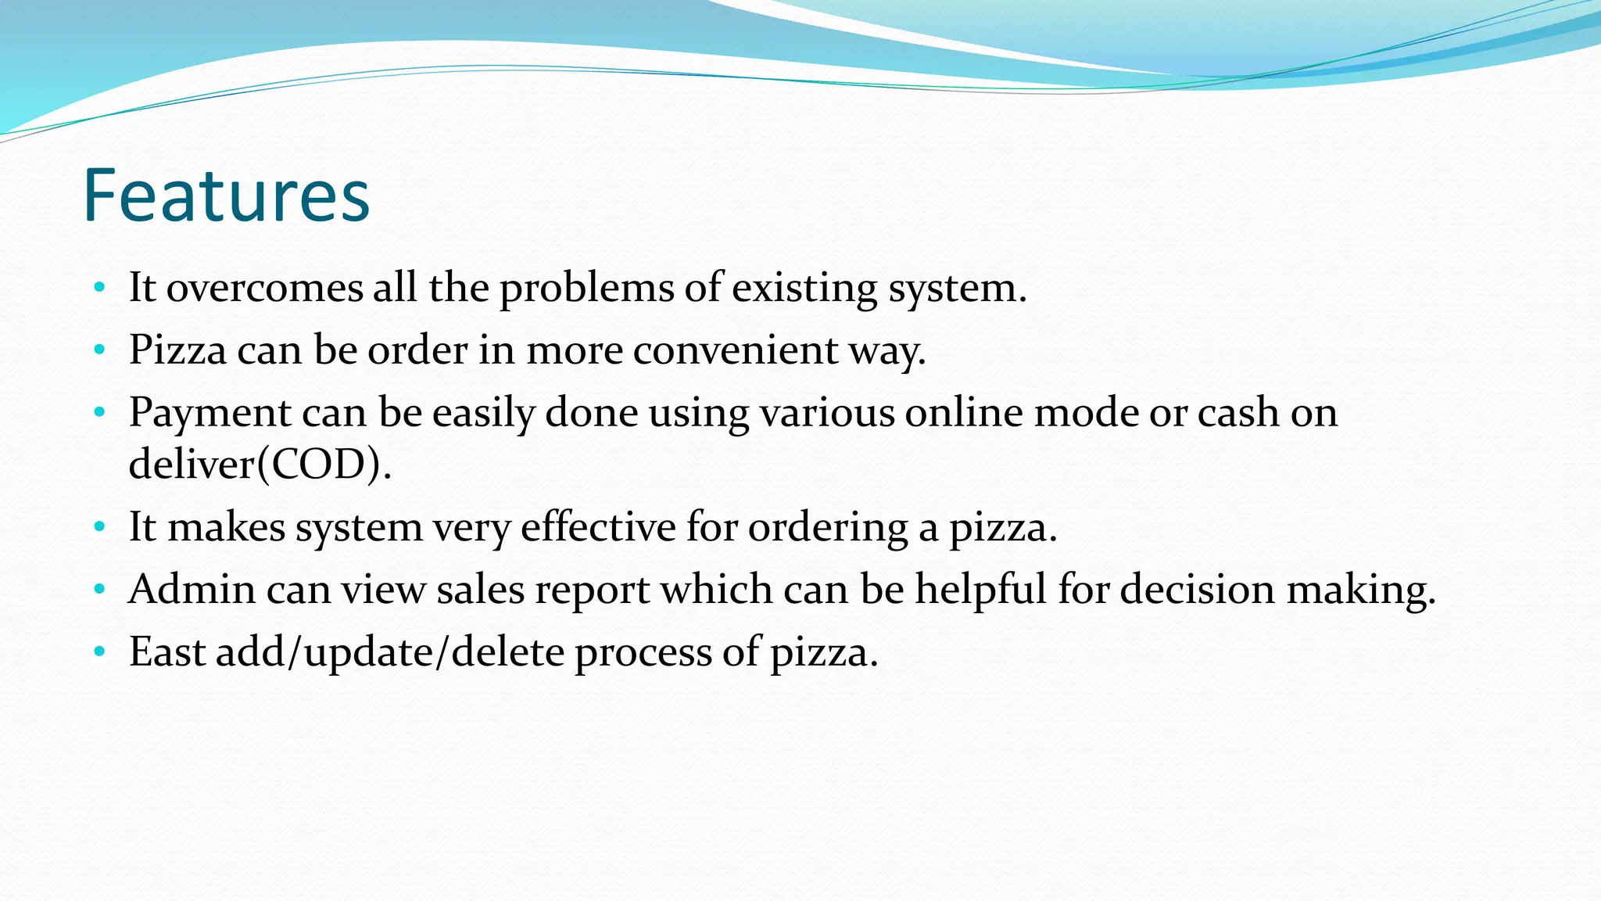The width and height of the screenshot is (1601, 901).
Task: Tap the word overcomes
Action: [x=264, y=288]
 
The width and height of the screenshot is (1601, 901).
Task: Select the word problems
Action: [x=586, y=288]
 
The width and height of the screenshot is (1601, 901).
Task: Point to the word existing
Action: [x=804, y=288]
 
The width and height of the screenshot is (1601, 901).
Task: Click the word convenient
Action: [x=735, y=350]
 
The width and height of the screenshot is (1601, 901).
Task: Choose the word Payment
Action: [x=210, y=412]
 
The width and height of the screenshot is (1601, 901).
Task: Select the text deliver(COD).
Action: [x=260, y=465]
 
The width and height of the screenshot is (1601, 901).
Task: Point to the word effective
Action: [x=598, y=526]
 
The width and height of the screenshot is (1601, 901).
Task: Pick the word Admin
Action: [x=192, y=589]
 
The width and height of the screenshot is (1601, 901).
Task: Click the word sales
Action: [x=480, y=589]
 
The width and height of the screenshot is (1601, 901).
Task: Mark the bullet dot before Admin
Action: [x=98, y=589]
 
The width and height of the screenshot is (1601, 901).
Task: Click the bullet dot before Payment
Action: [x=98, y=412]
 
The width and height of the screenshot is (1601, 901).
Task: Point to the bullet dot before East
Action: [x=98, y=652]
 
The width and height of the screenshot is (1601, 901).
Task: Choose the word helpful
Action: [x=980, y=589]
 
